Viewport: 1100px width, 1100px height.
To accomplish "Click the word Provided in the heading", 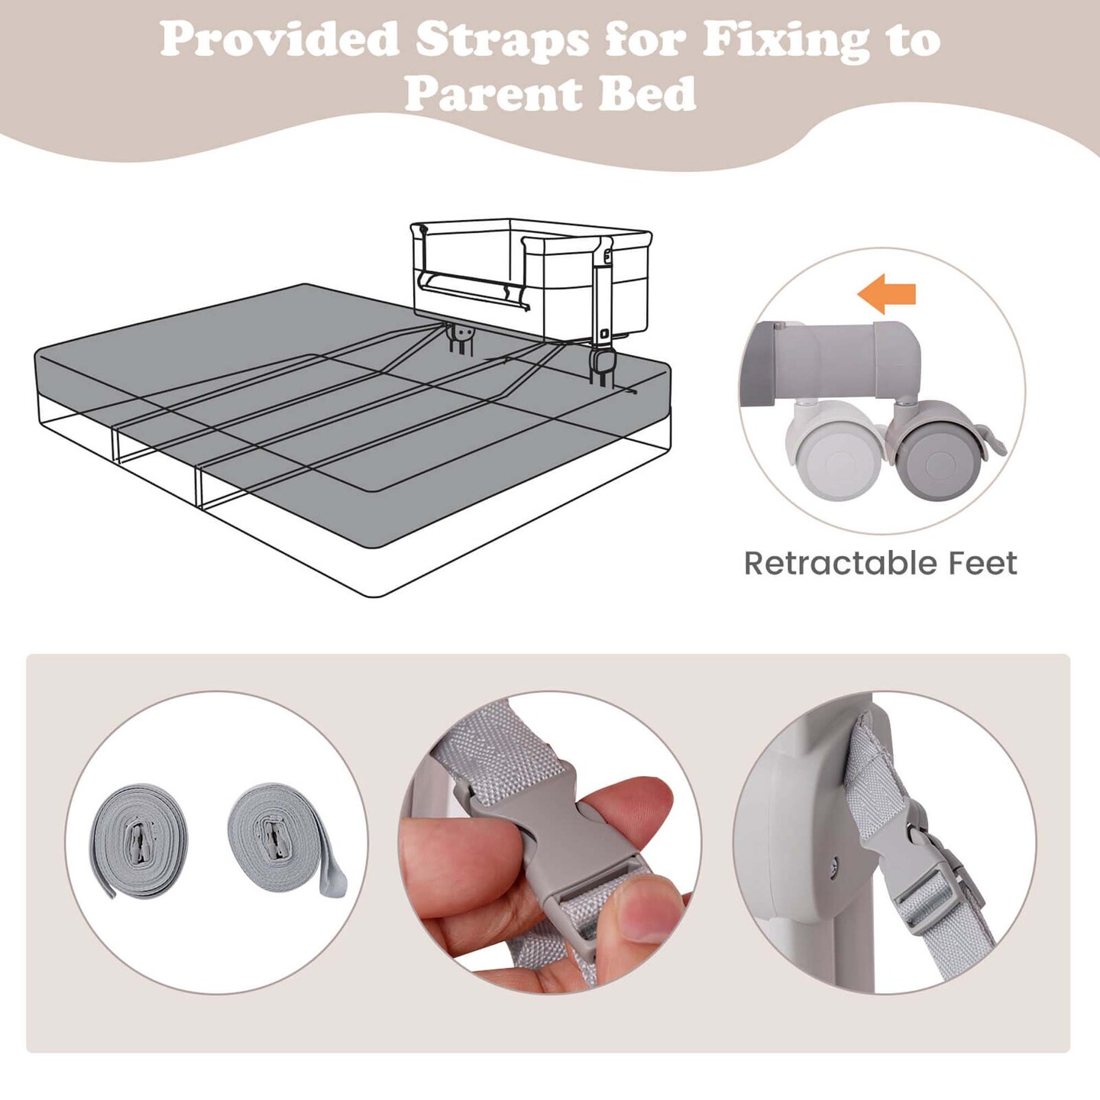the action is pyautogui.click(x=280, y=39).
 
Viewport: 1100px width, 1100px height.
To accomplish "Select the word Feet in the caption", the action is pyautogui.click(x=983, y=564).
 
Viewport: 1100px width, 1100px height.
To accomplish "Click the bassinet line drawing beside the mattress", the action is pyautogui.click(x=531, y=286).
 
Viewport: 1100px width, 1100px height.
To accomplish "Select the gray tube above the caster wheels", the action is pyautogui.click(x=846, y=361).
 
